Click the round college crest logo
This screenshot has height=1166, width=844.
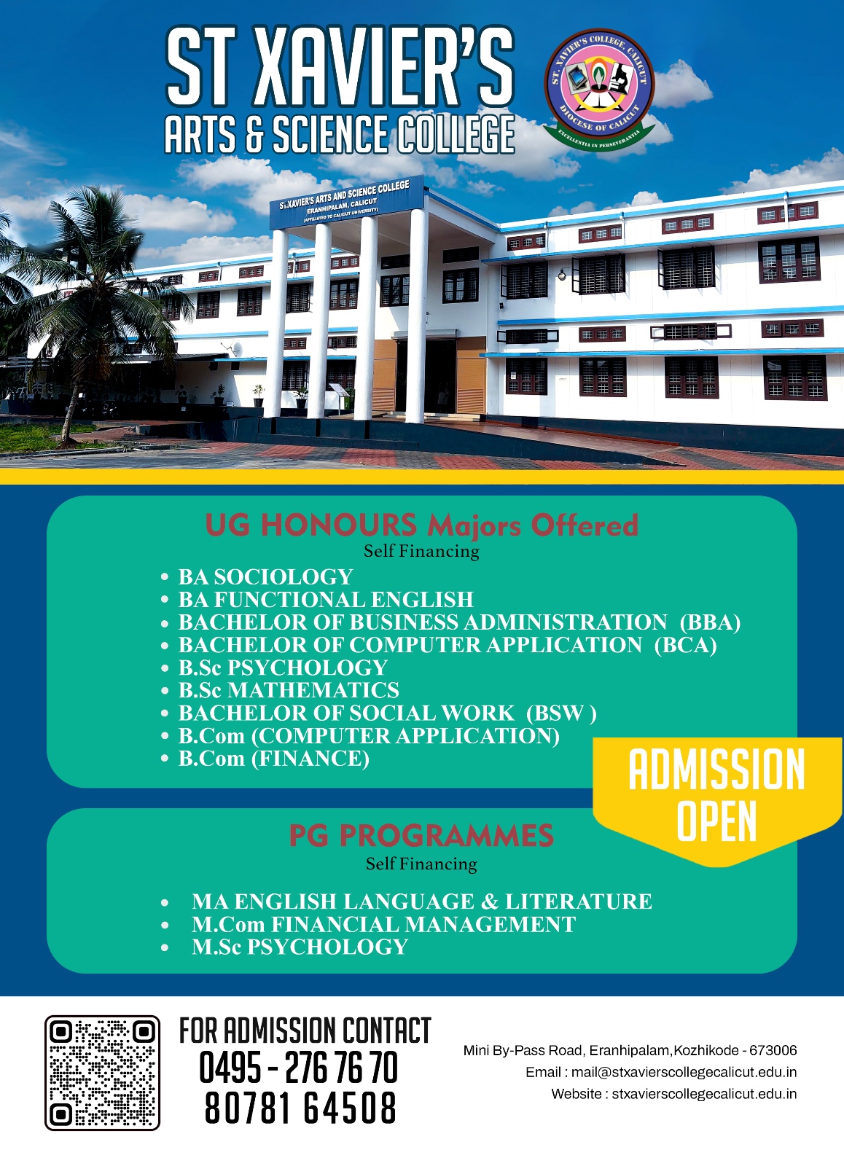(x=599, y=90)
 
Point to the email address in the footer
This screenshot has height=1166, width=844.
(x=661, y=1072)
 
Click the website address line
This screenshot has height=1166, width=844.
(x=673, y=1094)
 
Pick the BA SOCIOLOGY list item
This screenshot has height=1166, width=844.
(x=265, y=576)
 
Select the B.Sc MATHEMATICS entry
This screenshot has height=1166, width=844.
(x=289, y=690)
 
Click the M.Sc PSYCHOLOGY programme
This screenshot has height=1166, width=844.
(x=300, y=947)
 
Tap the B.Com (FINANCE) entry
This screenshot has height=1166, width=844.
(x=274, y=759)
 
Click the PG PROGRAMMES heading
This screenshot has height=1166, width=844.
(x=421, y=837)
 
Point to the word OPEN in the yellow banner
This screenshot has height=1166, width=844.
(x=716, y=821)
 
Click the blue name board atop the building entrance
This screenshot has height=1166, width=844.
(x=347, y=203)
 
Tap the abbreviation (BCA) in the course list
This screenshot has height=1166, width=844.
(x=686, y=645)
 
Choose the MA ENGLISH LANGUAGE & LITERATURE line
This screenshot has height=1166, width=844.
(x=422, y=901)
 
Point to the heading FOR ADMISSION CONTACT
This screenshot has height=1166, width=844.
(x=305, y=1030)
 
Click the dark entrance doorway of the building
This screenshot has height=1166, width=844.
(x=426, y=376)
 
